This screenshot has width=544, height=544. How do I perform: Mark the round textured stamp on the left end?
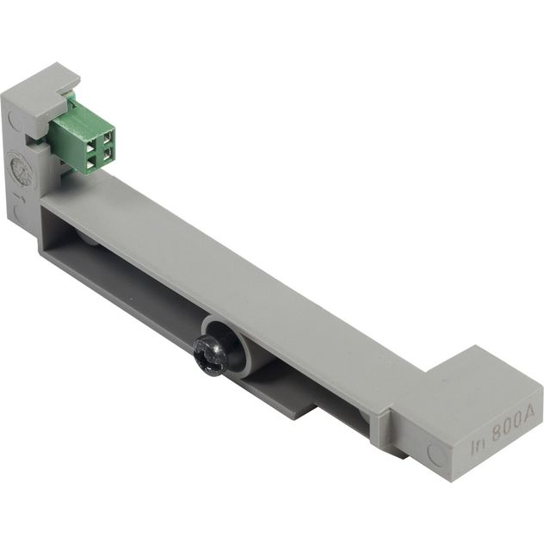pyautogui.click(x=19, y=169)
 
